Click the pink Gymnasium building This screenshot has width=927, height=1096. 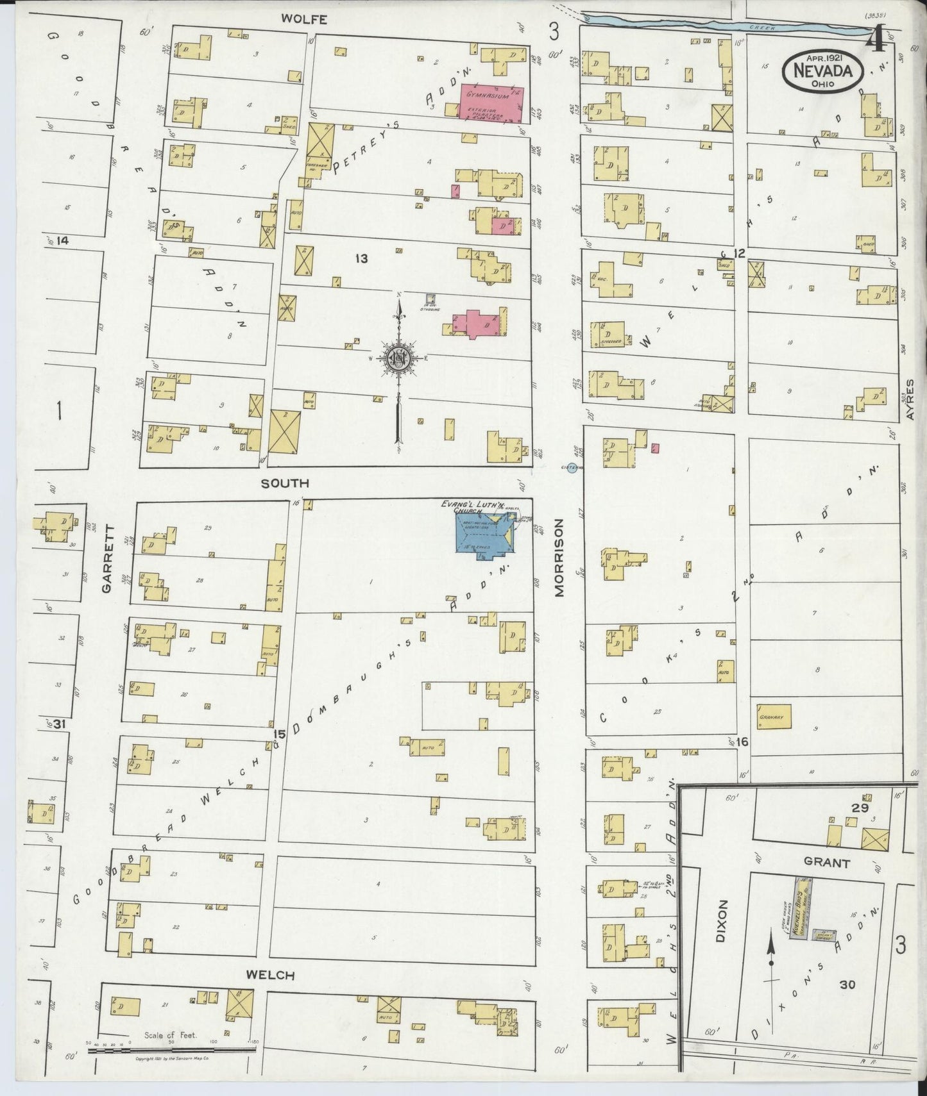pos(491,103)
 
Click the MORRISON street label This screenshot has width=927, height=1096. pos(559,558)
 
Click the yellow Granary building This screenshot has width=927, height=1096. pos(773,717)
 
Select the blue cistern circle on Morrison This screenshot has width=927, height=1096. pos(572,468)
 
